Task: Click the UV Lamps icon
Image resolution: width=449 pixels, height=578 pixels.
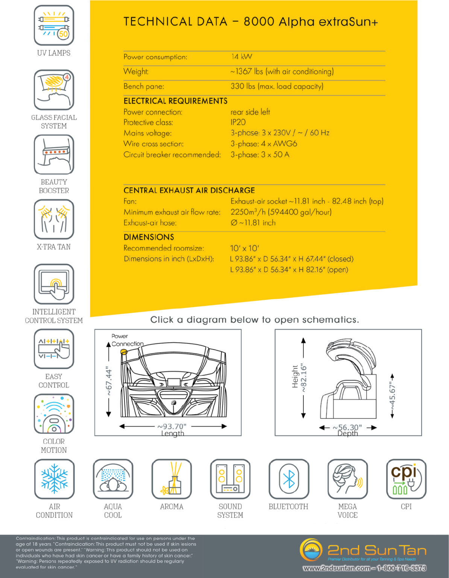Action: [54, 26]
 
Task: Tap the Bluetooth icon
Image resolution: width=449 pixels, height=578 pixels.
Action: [288, 479]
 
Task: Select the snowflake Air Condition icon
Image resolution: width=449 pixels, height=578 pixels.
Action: [54, 479]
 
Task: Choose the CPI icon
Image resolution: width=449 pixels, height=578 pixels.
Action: [406, 479]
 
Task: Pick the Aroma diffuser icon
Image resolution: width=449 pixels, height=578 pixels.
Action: [171, 479]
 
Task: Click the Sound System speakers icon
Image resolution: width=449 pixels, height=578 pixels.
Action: [230, 479]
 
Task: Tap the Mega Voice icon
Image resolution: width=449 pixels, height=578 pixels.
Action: [347, 479]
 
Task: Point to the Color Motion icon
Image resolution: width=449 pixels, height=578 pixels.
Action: [54, 414]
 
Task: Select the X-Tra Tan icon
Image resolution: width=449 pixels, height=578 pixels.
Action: [54, 219]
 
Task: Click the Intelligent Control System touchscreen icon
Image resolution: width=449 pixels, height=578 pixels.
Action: [54, 284]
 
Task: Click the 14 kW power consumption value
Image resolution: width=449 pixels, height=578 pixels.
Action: [241, 57]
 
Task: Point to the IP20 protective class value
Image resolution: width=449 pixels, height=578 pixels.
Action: [238, 122]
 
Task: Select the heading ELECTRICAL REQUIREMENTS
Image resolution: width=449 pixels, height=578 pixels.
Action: [175, 101]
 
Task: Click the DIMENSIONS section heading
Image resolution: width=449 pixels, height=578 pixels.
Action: [149, 237]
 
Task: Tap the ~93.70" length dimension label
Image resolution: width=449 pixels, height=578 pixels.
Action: [172, 426]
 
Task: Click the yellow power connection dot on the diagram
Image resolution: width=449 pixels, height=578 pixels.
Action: [123, 352]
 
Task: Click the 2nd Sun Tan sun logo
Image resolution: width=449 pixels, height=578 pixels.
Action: [311, 550]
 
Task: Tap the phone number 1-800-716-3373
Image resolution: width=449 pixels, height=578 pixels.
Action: [401, 568]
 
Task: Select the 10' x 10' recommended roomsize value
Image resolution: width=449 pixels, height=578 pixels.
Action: [244, 248]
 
